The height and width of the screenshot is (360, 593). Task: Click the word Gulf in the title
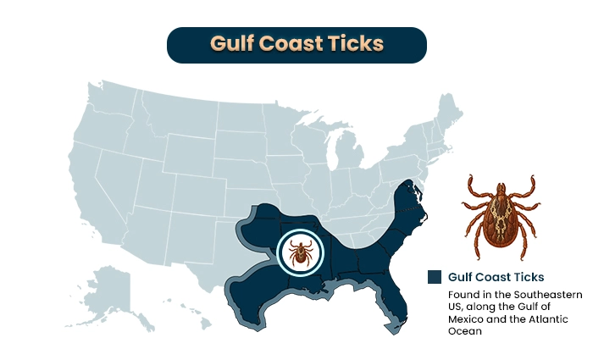[x=230, y=45]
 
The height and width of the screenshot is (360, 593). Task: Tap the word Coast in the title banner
[x=288, y=45]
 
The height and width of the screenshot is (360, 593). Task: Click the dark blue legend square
[x=435, y=277]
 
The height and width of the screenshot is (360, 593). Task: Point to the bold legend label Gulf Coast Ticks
[x=496, y=277]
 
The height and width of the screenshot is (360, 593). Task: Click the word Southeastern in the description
[x=525, y=294]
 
